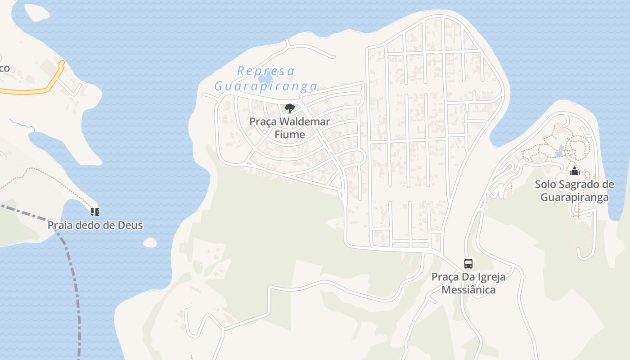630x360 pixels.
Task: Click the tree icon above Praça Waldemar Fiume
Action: coord(290,108)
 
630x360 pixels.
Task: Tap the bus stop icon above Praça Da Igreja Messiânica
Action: coord(468,263)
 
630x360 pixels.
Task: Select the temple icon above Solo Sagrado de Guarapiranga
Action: coord(574,171)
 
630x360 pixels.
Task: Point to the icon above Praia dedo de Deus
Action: coord(94,211)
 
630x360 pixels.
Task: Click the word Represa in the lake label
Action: coord(265,71)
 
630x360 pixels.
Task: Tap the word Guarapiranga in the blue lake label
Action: coord(265,86)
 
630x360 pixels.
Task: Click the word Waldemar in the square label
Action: coord(305,122)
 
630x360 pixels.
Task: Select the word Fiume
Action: coord(290,135)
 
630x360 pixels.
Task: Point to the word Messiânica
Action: coord(468,290)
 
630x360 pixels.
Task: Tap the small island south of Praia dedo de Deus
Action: coord(149,243)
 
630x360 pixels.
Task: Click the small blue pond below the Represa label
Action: coord(265,80)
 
